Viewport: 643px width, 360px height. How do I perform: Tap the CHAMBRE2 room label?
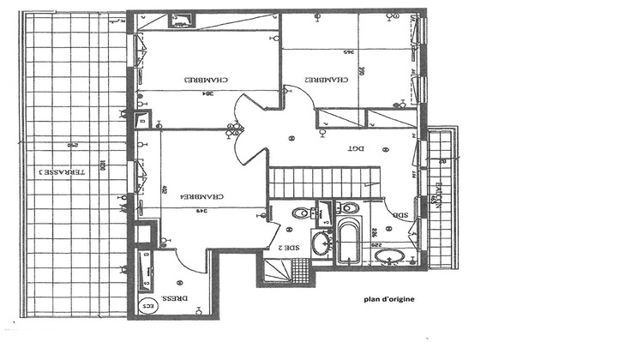click(324, 79)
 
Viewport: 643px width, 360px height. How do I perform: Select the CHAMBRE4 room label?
click(202, 196)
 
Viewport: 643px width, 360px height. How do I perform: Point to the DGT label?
click(355, 147)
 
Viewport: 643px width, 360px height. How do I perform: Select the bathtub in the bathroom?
click(351, 241)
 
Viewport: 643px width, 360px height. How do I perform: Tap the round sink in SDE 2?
click(321, 243)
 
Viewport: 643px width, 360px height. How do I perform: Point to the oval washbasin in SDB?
click(391, 256)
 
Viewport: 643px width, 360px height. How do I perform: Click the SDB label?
click(400, 215)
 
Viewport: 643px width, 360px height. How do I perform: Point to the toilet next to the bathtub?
click(348, 208)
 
